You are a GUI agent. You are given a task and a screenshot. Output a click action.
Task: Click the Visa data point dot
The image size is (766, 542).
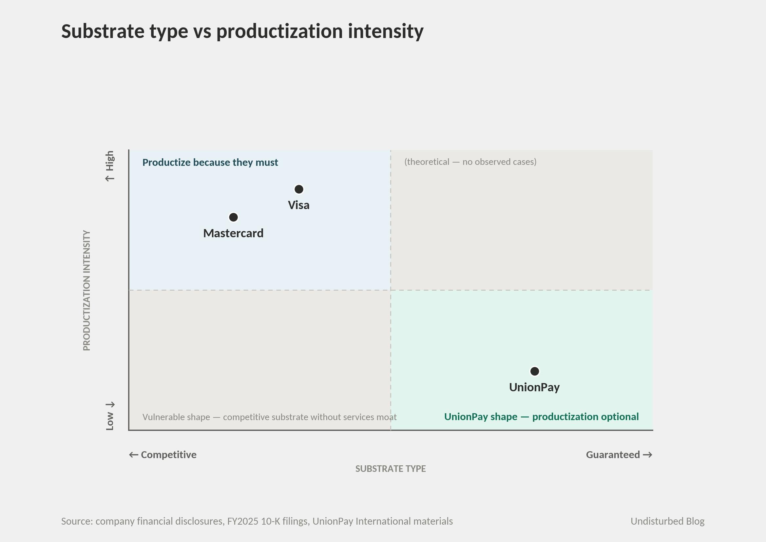pyautogui.click(x=299, y=189)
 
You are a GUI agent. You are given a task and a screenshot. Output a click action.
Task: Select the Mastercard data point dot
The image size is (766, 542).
pyautogui.click(x=234, y=217)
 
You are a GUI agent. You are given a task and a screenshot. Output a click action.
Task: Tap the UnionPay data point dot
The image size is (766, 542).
pyautogui.click(x=535, y=371)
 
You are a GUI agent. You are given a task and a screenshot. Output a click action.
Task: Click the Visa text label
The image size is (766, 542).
pyautogui.click(x=298, y=205)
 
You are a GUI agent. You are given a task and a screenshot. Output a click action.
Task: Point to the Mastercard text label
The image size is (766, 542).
pyautogui.click(x=233, y=233)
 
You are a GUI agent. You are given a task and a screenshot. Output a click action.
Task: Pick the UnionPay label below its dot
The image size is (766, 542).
pyautogui.click(x=534, y=387)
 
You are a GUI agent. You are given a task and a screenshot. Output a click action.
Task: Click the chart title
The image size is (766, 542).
pyautogui.click(x=242, y=31)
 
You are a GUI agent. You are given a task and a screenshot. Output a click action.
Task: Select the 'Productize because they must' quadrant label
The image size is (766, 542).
pyautogui.click(x=210, y=162)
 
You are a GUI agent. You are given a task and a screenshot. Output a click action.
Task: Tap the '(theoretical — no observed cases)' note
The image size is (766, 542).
pyautogui.click(x=470, y=162)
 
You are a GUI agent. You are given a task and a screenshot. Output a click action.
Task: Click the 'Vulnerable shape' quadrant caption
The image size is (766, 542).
pyautogui.click(x=270, y=417)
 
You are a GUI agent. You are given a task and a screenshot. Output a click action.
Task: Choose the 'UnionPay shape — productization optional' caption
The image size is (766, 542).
pyautogui.click(x=542, y=416)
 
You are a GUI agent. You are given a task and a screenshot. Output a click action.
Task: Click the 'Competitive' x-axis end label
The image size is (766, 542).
pyautogui.click(x=163, y=455)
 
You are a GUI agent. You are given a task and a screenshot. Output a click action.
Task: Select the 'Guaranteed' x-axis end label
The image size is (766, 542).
pyautogui.click(x=619, y=455)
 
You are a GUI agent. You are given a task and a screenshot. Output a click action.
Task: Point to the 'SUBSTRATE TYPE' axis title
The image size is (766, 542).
pyautogui.click(x=391, y=469)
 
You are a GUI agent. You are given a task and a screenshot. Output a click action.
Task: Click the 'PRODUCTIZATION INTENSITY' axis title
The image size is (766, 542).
pyautogui.click(x=86, y=290)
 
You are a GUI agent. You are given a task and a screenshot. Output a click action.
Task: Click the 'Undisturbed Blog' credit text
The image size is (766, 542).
pyautogui.click(x=668, y=521)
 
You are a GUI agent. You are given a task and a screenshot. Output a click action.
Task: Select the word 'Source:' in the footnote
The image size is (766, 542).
pyautogui.click(x=77, y=521)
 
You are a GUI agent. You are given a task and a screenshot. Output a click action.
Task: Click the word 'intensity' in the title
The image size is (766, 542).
pyautogui.click(x=386, y=31)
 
